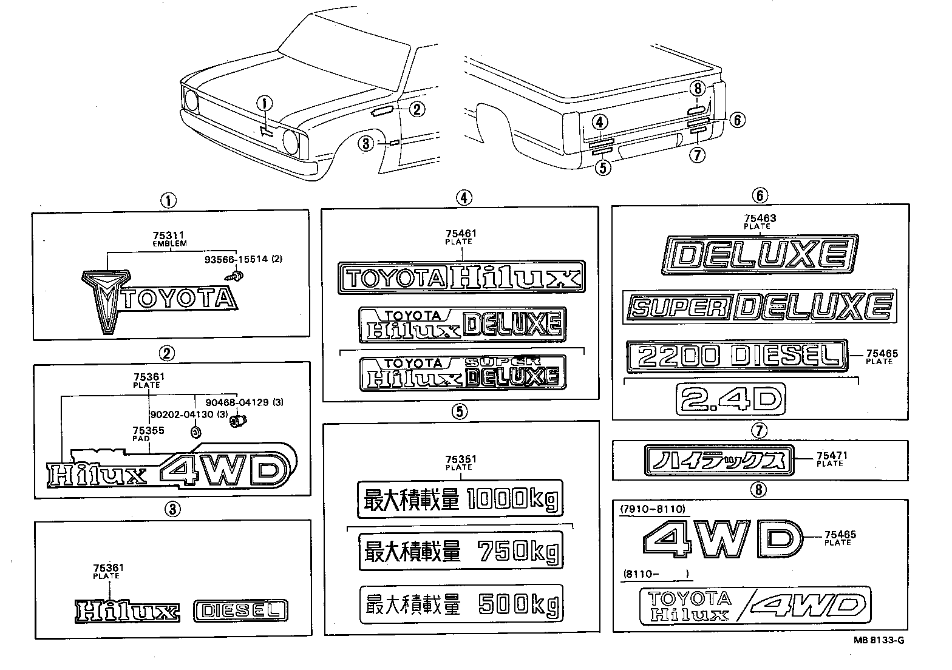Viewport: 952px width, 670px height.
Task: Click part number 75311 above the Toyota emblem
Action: pyautogui.click(x=169, y=235)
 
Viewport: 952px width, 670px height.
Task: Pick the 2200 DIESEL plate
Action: pyautogui.click(x=736, y=355)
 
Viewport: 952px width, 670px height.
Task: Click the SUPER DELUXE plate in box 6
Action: pyautogui.click(x=760, y=306)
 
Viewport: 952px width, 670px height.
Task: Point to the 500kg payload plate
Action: pyautogui.click(x=461, y=604)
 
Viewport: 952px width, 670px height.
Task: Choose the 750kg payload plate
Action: pyautogui.click(x=461, y=551)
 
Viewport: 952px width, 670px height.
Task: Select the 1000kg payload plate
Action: pyautogui.click(x=460, y=499)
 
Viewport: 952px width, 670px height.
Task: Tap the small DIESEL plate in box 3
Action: pyautogui.click(x=240, y=611)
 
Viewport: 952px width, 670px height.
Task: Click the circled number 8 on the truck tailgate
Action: pyautogui.click(x=698, y=89)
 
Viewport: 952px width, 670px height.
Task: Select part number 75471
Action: pyautogui.click(x=832, y=455)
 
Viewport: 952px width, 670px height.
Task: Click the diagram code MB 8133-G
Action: pyautogui.click(x=882, y=639)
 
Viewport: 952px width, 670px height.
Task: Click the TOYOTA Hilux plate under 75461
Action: pyautogui.click(x=461, y=278)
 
